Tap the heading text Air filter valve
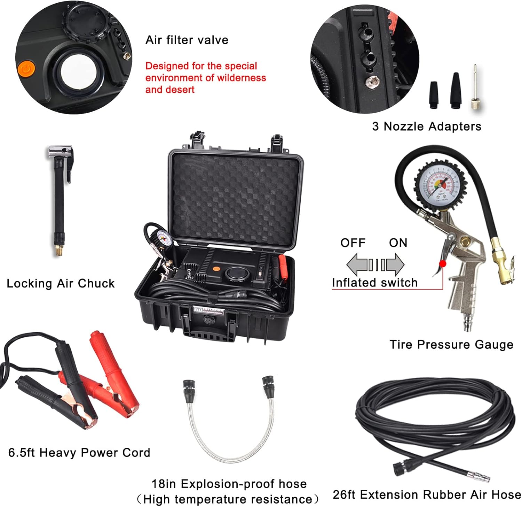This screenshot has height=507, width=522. click(187, 40)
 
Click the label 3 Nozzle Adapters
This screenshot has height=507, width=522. click(427, 126)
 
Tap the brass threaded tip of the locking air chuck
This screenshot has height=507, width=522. click(59, 250)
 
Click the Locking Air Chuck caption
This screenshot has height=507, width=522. click(61, 283)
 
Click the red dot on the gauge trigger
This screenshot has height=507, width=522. click(443, 264)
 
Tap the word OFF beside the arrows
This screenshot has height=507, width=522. click(353, 243)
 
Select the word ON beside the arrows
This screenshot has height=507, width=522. click(398, 243)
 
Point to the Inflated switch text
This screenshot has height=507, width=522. click(374, 283)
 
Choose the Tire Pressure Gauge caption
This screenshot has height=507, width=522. click(451, 345)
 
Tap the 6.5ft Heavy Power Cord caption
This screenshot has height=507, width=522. click(79, 453)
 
